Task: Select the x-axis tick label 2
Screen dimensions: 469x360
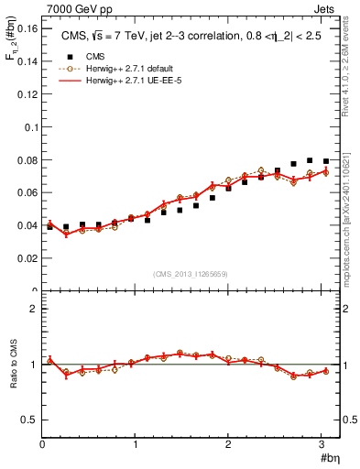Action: pos(228,445)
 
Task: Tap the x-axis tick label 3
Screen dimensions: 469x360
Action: pos(321,445)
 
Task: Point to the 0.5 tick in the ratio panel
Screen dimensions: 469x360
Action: pos(30,420)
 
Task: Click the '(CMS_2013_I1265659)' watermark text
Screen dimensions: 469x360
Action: pos(190,274)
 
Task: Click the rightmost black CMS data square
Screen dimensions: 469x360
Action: pos(326,161)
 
